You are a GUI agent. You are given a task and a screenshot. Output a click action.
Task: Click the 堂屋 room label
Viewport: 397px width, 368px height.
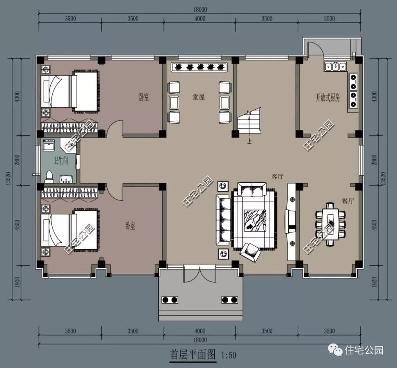point(198,97)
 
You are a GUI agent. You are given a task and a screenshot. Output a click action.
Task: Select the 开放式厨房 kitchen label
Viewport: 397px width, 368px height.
point(328,97)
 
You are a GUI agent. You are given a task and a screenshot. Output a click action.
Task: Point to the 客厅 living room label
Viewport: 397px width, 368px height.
point(278,177)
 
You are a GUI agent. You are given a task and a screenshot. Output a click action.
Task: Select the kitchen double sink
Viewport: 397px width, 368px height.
point(335,67)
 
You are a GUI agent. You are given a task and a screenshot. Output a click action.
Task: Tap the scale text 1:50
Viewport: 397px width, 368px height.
point(229,356)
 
